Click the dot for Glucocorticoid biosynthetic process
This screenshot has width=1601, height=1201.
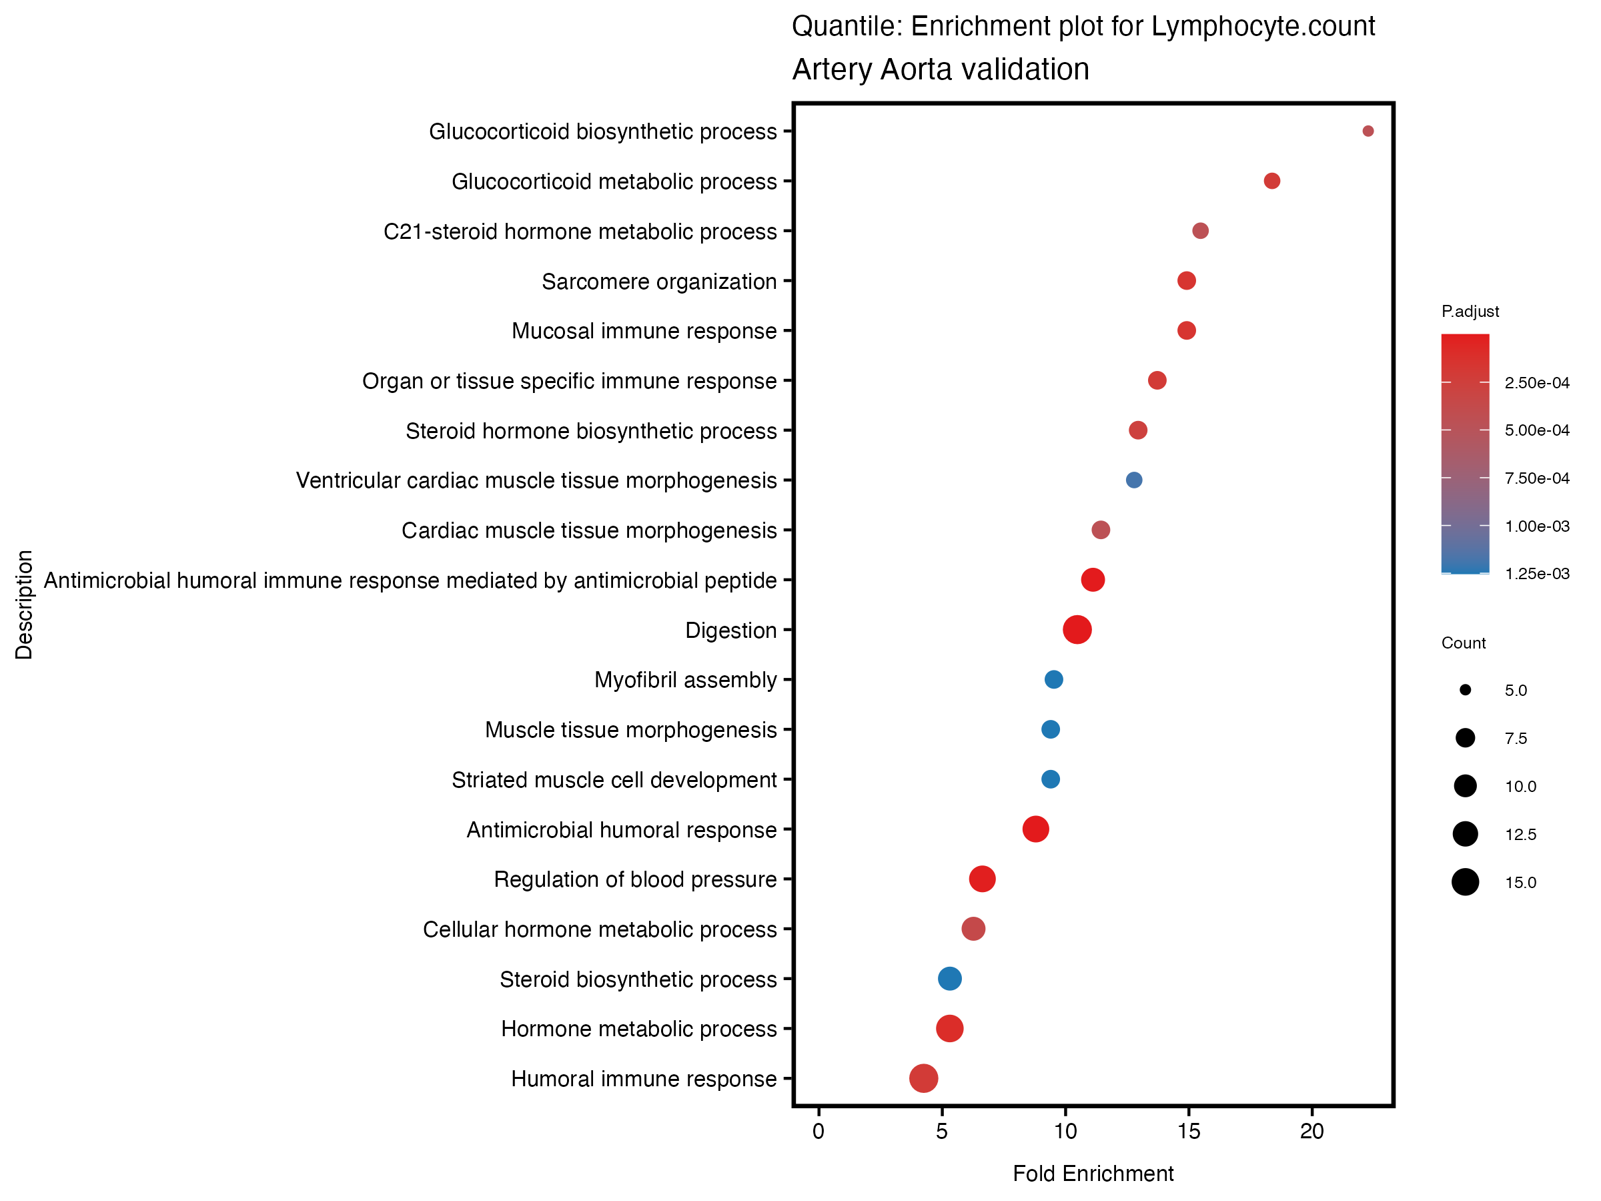[1368, 131]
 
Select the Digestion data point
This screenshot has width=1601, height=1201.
[1077, 630]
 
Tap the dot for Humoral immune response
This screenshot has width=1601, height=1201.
[923, 1079]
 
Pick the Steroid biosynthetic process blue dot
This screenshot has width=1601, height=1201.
[950, 979]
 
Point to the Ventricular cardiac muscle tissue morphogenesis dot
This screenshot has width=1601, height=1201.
[1134, 480]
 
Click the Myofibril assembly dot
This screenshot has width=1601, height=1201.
[1054, 680]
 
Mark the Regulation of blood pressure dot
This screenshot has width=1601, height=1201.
[982, 879]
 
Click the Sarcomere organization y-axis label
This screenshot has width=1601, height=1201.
[658, 282]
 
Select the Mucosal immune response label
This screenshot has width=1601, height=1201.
[644, 332]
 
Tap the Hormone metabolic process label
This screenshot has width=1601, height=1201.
[638, 1030]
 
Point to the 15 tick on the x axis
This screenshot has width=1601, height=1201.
[1189, 1132]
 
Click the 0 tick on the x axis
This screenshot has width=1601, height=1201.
[819, 1132]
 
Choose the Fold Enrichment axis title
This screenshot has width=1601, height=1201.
[1093, 1174]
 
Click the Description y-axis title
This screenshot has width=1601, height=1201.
[24, 605]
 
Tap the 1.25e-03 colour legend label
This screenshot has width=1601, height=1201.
[1536, 574]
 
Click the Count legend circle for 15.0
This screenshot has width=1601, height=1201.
[1465, 883]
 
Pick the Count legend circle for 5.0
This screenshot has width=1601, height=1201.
[1465, 691]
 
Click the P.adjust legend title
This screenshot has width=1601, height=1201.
[1470, 312]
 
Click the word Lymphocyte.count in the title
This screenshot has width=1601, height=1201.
[1263, 27]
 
